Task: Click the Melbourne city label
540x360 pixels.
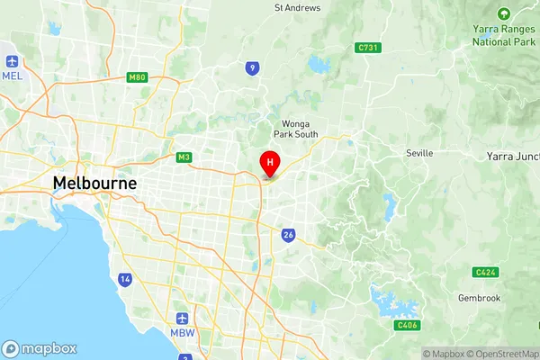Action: tap(94, 183)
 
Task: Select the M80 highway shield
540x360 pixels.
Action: tap(137, 77)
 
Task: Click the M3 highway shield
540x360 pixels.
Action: tap(184, 157)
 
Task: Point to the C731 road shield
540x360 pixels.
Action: tap(365, 48)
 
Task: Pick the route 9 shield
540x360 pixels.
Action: tap(255, 67)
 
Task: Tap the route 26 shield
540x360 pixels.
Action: tap(288, 236)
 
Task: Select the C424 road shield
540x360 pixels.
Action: tap(484, 272)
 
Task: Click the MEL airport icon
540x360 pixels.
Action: tap(13, 61)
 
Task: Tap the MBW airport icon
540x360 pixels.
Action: tap(183, 319)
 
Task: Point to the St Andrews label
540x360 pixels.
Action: tap(297, 8)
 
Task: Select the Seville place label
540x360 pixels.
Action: tap(419, 153)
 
